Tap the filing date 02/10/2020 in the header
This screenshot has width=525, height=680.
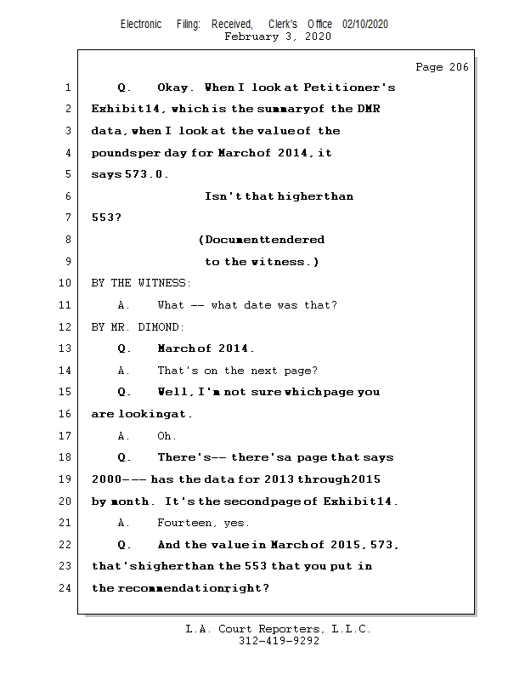click(365, 24)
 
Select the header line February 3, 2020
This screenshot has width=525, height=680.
click(278, 37)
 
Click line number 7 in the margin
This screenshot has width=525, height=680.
click(67, 218)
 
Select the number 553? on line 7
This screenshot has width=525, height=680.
click(106, 218)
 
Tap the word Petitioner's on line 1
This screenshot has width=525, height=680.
click(348, 88)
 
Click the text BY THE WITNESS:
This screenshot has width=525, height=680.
click(141, 283)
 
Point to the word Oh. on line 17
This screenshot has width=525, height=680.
click(167, 436)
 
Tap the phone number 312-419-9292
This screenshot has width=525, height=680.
click(279, 641)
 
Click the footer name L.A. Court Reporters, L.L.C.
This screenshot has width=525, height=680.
click(278, 629)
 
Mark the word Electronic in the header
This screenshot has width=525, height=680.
click(141, 24)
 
